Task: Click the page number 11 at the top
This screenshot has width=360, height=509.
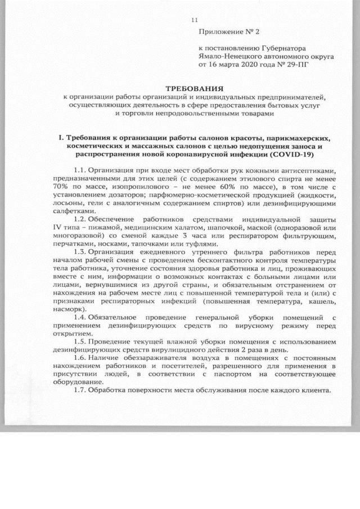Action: pyautogui.click(x=195, y=21)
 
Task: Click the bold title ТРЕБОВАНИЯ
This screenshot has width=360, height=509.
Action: pyautogui.click(x=193, y=89)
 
